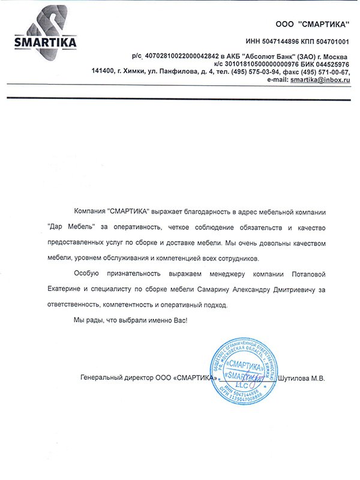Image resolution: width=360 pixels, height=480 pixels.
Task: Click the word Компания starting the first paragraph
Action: point(89,212)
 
